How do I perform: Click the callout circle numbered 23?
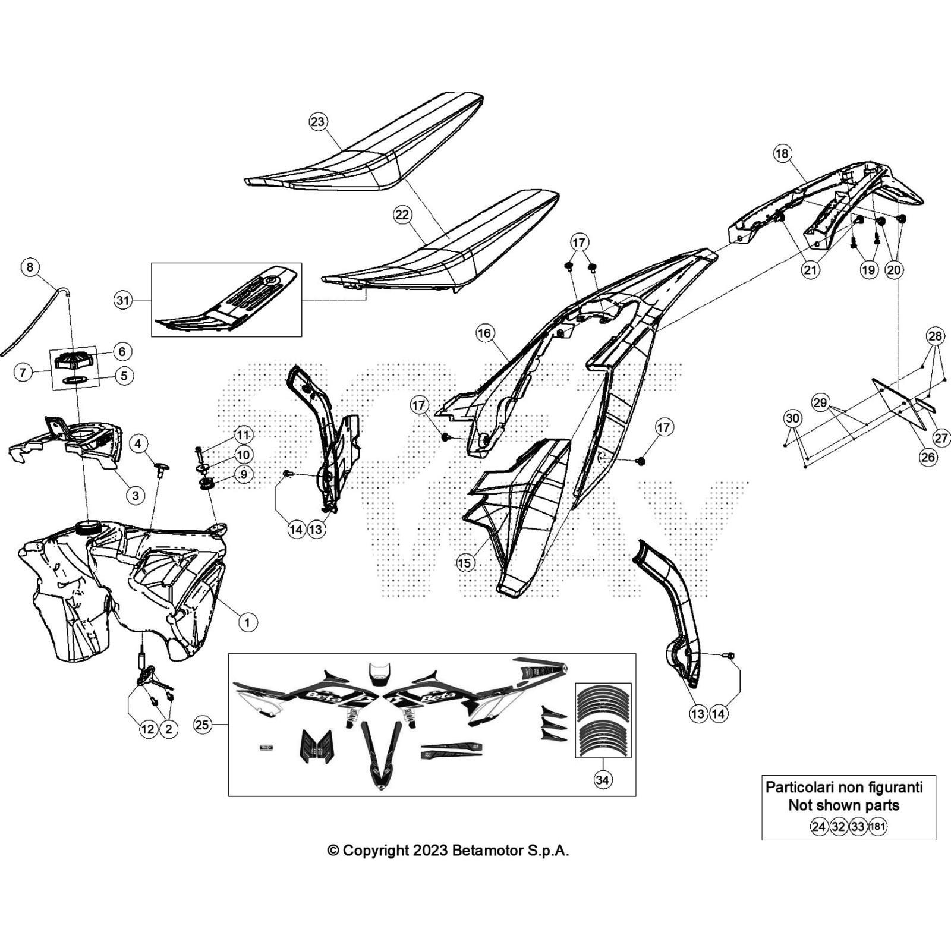coord(318,122)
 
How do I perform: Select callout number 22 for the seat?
coord(402,215)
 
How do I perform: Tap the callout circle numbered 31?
coord(122,301)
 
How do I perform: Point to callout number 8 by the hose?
coord(30,267)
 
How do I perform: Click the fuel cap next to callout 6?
coord(73,358)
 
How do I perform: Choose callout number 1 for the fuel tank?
coord(247,622)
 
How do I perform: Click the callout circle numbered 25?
coord(202,725)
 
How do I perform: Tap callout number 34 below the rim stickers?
coord(602,779)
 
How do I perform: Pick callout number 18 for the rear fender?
coord(782,153)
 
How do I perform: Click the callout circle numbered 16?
coord(484,333)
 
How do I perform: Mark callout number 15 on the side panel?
coord(465,562)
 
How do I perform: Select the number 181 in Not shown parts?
coord(877,826)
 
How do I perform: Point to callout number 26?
coord(928,456)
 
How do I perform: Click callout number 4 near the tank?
coord(138,443)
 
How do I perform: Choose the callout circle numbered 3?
coord(136,495)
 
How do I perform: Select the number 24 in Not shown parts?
coord(819,826)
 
